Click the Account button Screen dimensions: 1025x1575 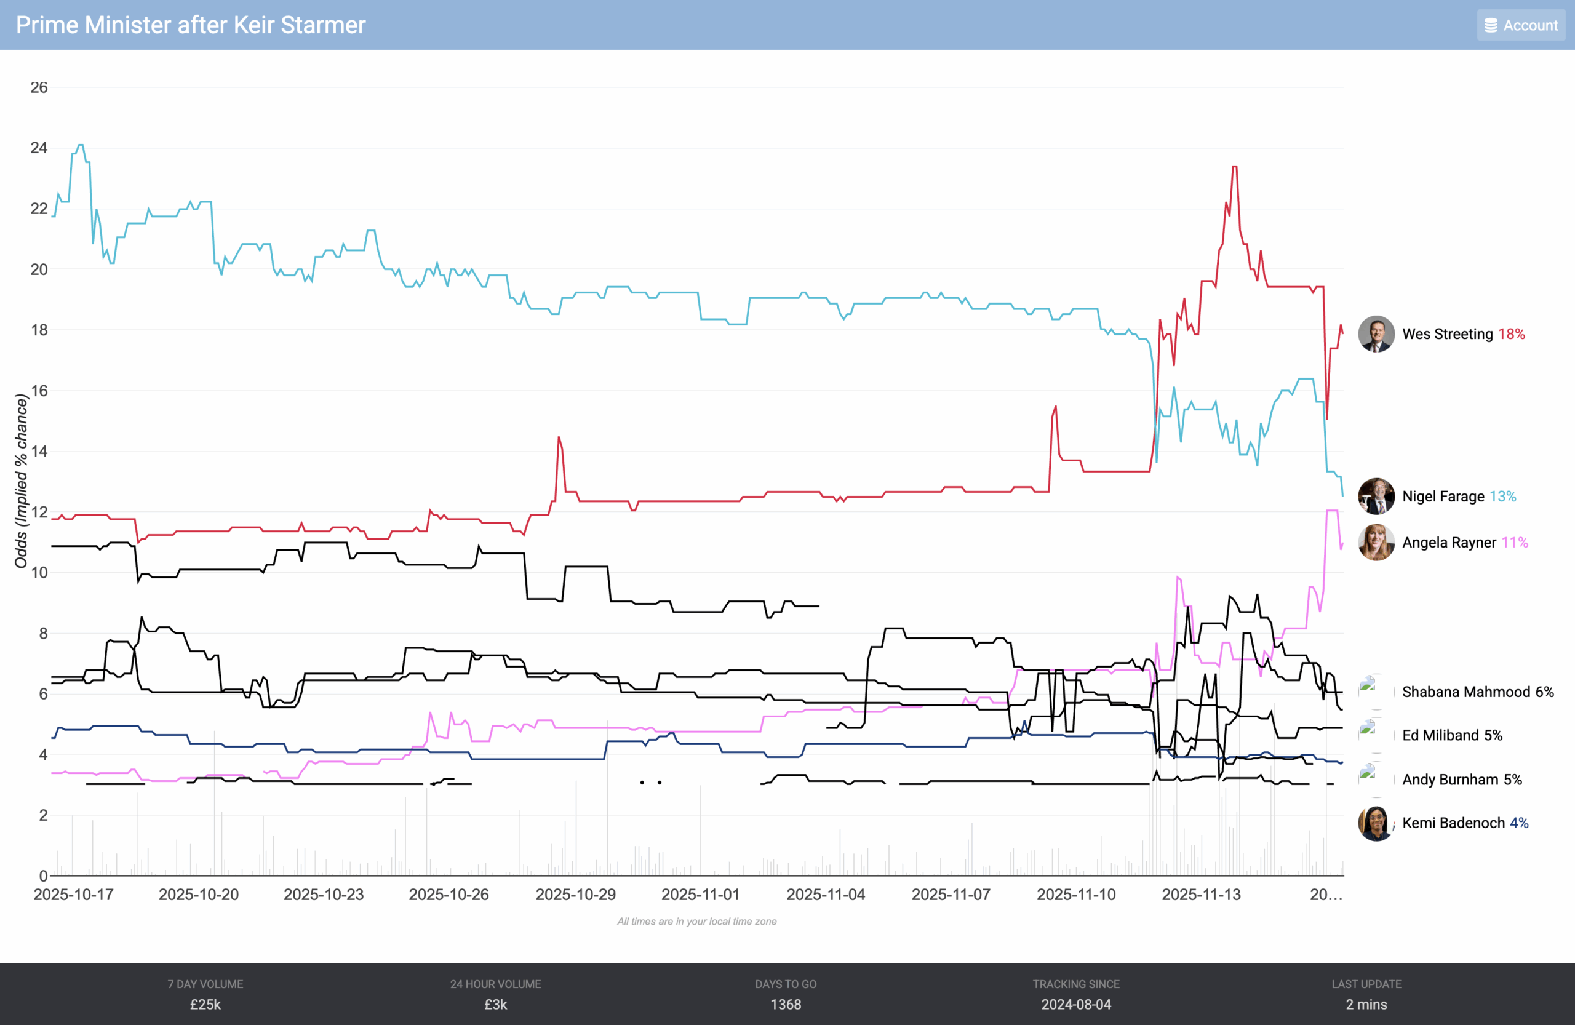(1521, 25)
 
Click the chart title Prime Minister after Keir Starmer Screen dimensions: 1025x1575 (191, 25)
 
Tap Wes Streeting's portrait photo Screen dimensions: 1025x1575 (1376, 334)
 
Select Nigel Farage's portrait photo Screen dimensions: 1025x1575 (1376, 497)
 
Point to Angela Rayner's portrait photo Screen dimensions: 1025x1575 (1376, 543)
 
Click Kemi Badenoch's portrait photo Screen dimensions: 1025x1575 (1376, 823)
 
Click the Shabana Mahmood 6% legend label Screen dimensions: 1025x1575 (1478, 692)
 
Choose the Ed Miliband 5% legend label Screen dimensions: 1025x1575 (1452, 736)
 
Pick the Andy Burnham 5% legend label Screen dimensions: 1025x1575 (1462, 780)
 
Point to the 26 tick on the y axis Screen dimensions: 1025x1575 (39, 87)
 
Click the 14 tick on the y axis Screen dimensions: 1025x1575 (39, 452)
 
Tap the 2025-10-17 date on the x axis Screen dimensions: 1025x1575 (73, 895)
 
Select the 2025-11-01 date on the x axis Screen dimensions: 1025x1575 (700, 895)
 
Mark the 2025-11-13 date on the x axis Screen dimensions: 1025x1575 (1201, 895)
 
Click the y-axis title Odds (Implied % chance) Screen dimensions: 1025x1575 (21, 481)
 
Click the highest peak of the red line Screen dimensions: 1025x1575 (1234, 167)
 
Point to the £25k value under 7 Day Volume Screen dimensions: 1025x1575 (205, 1005)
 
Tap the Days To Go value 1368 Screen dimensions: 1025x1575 (786, 1005)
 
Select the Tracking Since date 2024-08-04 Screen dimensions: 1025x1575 (1076, 1005)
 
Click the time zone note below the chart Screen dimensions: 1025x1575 (697, 921)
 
